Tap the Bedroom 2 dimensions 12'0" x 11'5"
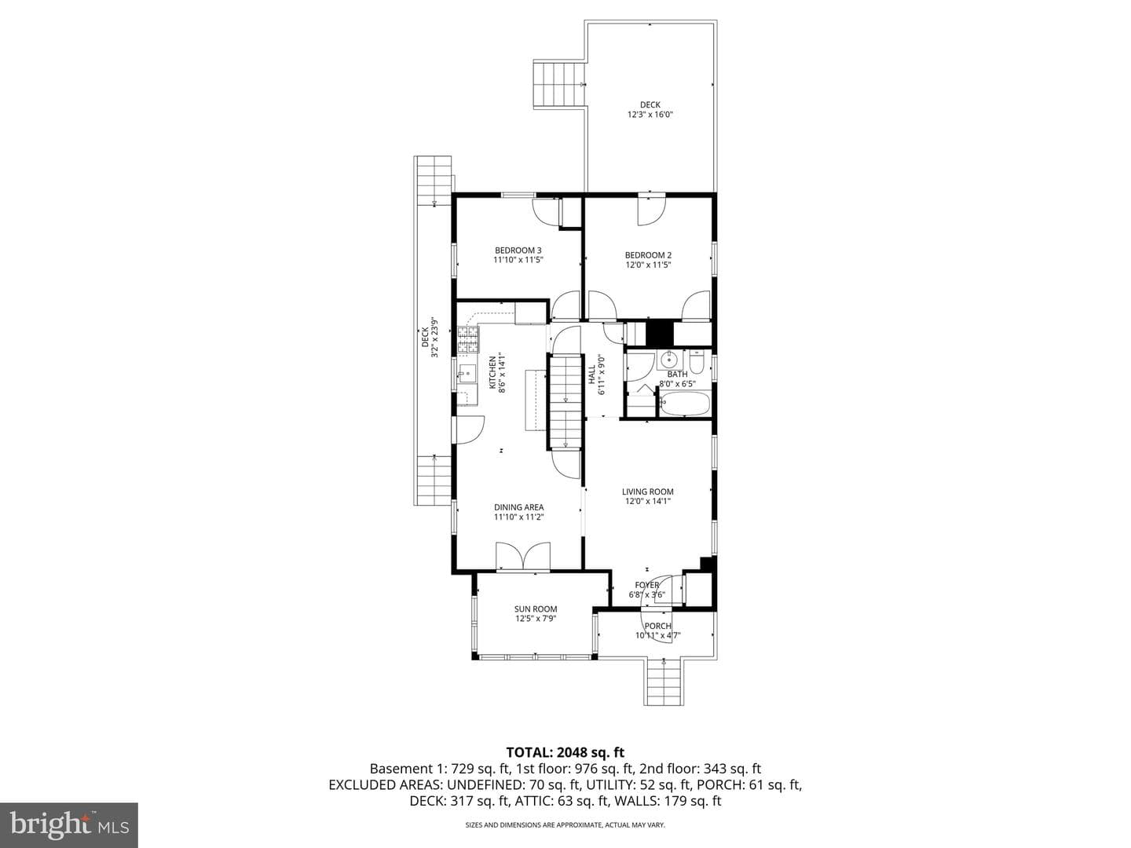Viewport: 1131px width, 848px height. point(648,265)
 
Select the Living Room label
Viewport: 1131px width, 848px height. point(647,492)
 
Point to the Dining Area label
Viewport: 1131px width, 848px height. point(518,507)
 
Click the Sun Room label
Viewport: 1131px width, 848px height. point(536,609)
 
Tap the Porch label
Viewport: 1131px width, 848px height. point(658,626)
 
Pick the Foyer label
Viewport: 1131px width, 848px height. point(646,586)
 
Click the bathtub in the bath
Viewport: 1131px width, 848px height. point(685,404)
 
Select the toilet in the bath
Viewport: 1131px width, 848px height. point(697,363)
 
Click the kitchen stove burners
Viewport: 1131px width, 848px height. point(468,340)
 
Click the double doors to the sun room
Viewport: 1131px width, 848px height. point(522,556)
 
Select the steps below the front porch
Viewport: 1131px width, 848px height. point(664,682)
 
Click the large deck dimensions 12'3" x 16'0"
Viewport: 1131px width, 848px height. point(650,115)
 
